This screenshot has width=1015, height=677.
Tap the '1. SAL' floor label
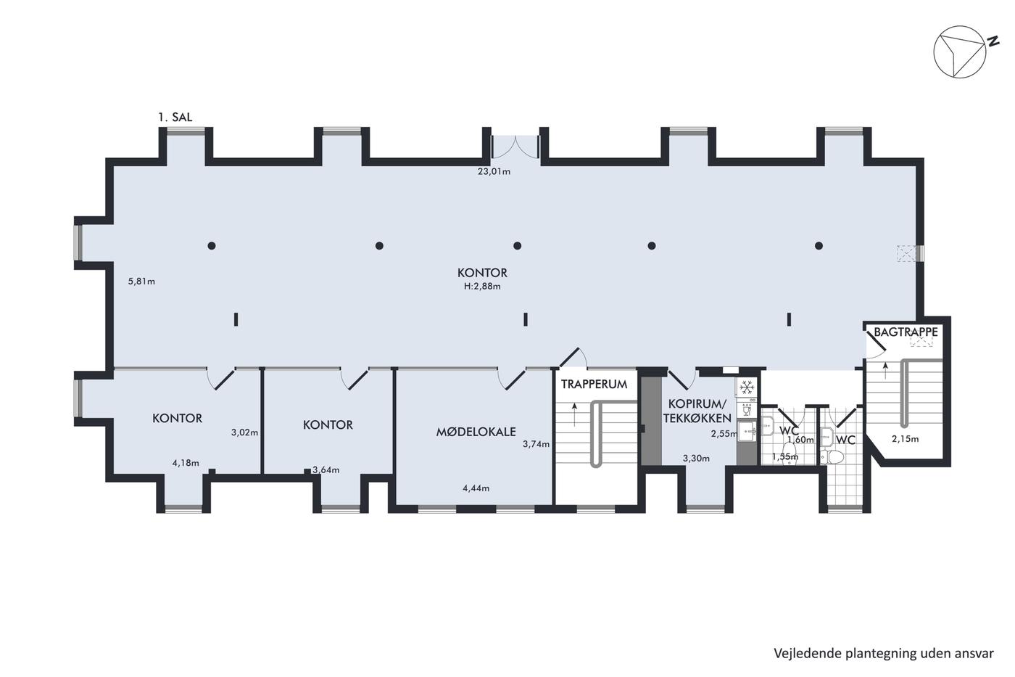tap(175, 117)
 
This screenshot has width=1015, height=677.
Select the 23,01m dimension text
tap(494, 171)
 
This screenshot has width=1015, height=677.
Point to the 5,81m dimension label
tap(141, 281)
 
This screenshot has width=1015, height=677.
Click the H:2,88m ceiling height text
tap(482, 286)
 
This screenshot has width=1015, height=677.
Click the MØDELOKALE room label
tap(476, 432)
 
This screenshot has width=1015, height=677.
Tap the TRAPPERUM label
tap(594, 384)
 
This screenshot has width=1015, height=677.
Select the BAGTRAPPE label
tap(906, 332)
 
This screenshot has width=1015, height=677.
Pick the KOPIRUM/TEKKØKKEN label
tap(697, 411)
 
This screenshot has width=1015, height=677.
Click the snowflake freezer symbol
tap(746, 387)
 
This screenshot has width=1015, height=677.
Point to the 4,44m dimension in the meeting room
tap(476, 488)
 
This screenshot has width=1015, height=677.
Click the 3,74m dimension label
tap(536, 444)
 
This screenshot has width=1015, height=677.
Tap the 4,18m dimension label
tap(186, 463)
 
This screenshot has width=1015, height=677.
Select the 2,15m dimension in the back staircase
tap(906, 438)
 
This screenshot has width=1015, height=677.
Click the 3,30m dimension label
tap(697, 459)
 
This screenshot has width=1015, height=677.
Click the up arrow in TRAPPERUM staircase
tap(574, 414)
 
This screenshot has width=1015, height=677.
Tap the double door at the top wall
tap(515, 147)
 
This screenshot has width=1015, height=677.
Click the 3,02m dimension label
tap(245, 432)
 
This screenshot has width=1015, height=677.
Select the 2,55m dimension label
tap(724, 433)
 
